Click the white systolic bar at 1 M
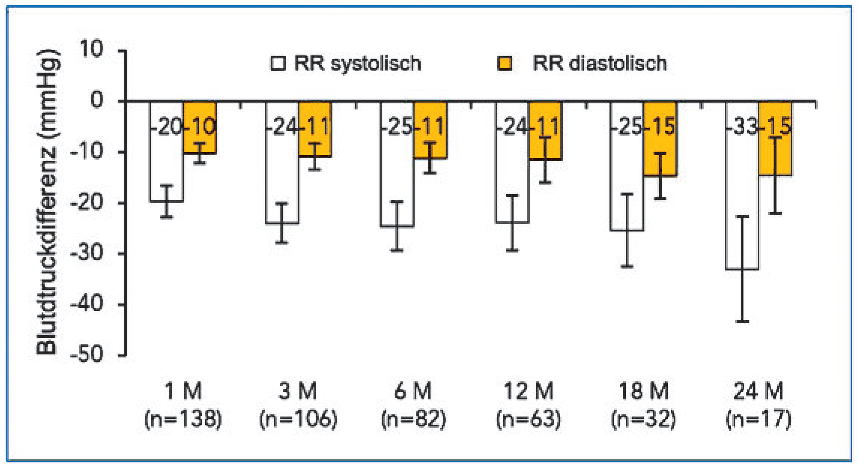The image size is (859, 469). pos(166,165)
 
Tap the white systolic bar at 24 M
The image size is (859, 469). pos(742,187)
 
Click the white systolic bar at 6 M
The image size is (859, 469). pos(397,172)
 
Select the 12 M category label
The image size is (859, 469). pos(528,391)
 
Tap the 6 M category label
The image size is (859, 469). pos(413,391)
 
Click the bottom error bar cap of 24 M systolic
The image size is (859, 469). pos(742,321)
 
